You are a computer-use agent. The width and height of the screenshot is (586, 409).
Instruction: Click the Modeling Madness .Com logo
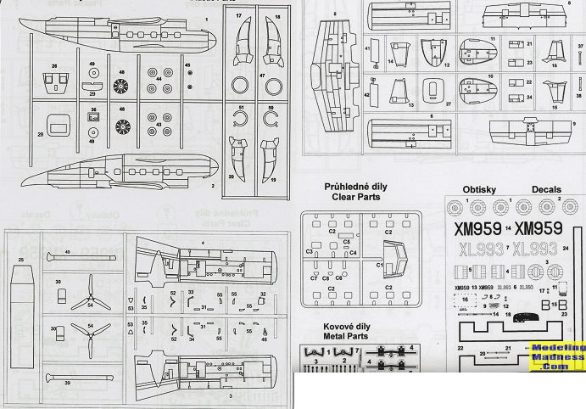pos(556,357)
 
